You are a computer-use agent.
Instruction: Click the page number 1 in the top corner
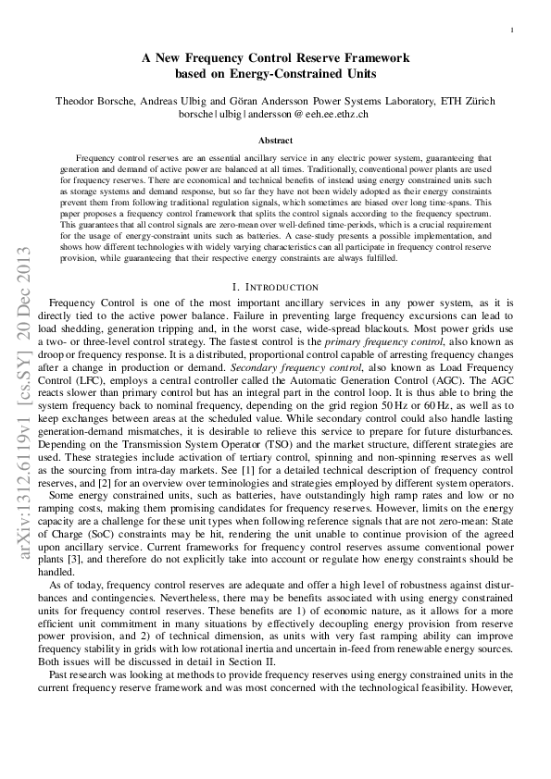click(x=512, y=31)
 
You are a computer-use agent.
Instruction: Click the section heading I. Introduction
click(x=275, y=288)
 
